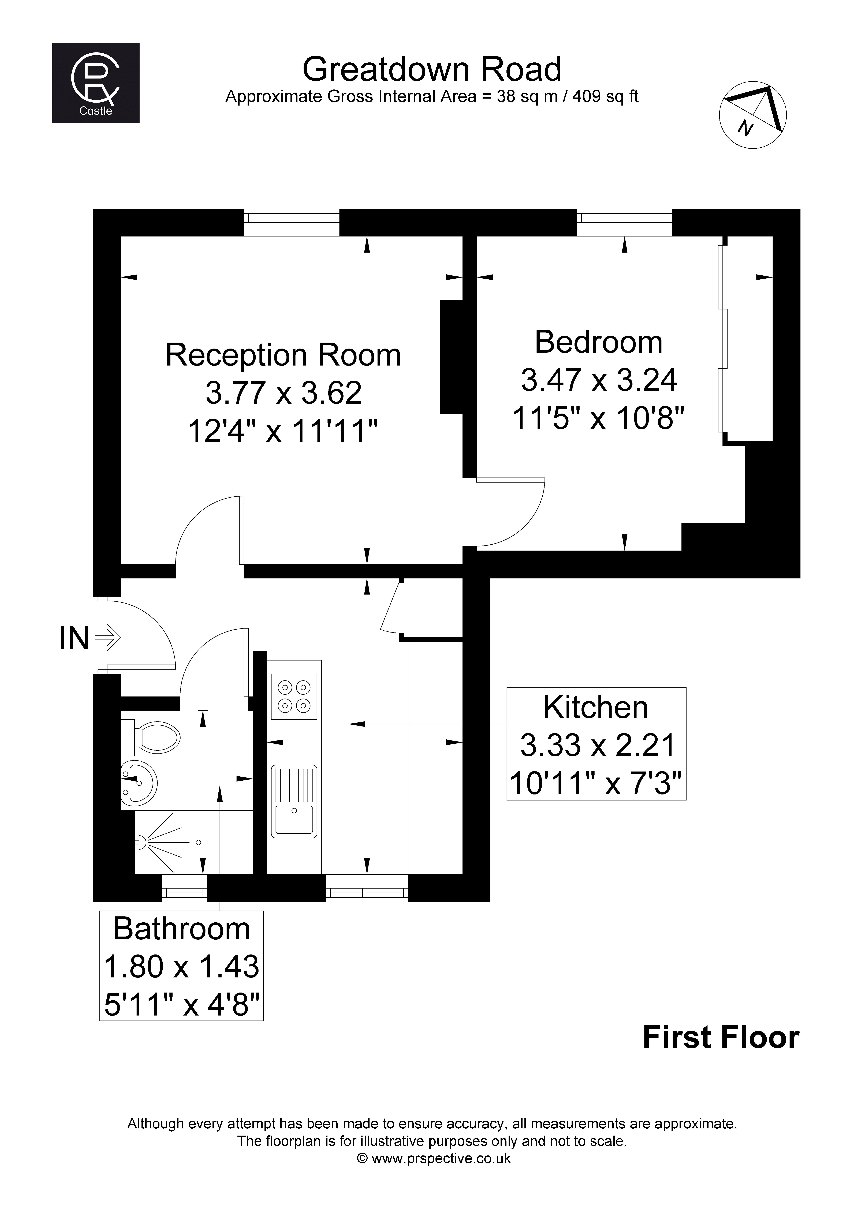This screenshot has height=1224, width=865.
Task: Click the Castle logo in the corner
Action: coord(96,83)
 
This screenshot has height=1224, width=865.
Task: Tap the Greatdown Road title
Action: coord(432,69)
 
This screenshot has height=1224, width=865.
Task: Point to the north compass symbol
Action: coord(753,115)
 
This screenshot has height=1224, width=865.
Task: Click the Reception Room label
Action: coord(283,355)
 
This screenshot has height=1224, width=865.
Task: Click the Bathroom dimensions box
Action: coord(181,966)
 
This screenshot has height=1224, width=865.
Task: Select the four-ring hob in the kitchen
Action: coord(294,696)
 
